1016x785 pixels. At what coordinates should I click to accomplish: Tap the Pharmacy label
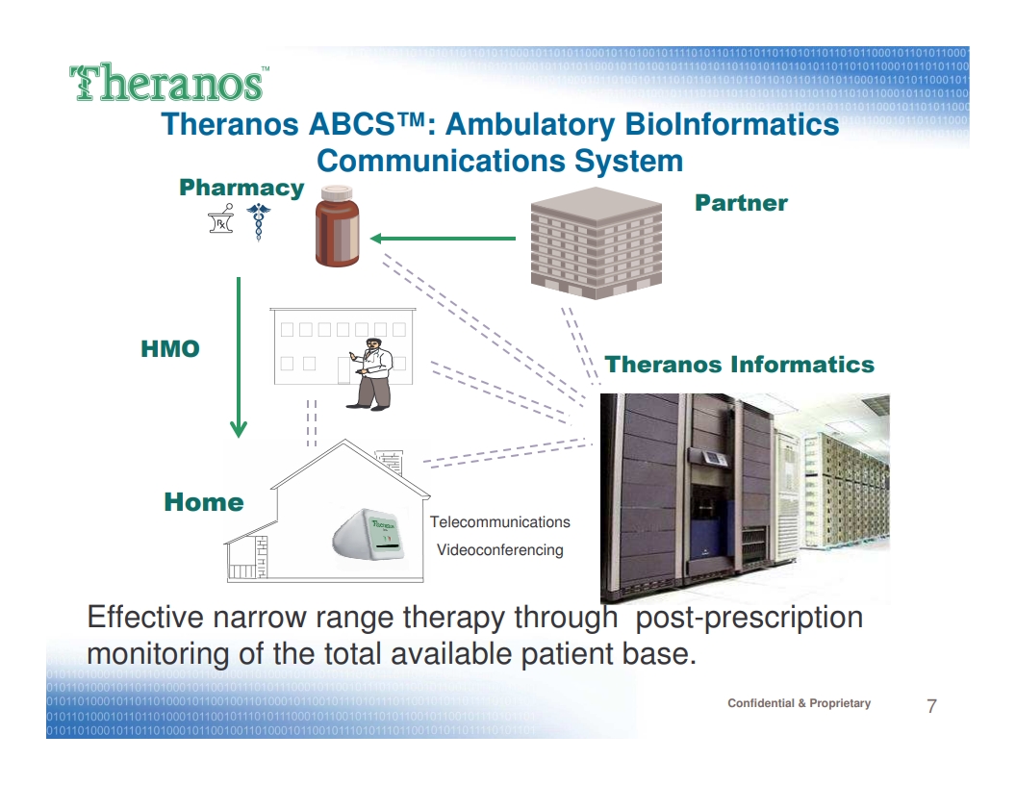click(241, 188)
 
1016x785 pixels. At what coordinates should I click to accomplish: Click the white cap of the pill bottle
click(337, 192)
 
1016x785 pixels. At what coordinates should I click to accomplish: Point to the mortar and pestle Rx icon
click(221, 218)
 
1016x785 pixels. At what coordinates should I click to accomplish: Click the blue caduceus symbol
click(259, 221)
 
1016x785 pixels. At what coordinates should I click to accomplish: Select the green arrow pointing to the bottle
click(443, 239)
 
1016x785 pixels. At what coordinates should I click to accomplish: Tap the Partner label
click(741, 203)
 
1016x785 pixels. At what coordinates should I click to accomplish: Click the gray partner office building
click(597, 242)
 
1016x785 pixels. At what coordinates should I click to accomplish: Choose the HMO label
click(170, 348)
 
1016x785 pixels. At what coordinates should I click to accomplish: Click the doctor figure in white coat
click(370, 374)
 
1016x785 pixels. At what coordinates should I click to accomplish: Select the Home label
click(204, 502)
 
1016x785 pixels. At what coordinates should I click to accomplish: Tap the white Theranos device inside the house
click(369, 534)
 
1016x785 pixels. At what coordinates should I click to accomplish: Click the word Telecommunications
click(500, 522)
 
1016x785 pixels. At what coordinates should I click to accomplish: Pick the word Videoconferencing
click(500, 550)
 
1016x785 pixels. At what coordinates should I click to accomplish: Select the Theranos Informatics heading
click(739, 364)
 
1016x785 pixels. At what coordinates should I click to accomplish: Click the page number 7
click(931, 706)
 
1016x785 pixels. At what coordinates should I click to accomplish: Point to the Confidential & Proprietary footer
click(799, 703)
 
